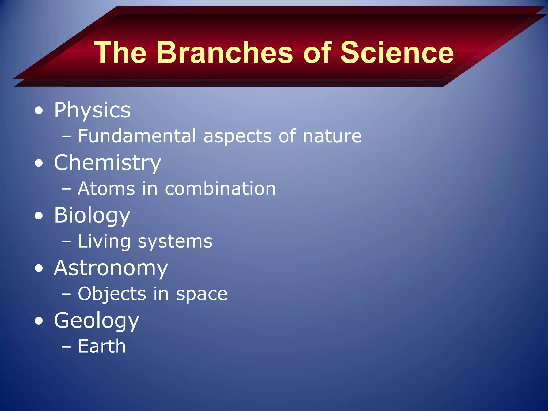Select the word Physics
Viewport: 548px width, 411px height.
[92, 110]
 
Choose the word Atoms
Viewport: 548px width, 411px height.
[106, 189]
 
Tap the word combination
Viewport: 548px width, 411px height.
[220, 189]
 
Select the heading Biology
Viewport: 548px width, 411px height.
[92, 216]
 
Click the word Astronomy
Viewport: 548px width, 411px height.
[111, 268]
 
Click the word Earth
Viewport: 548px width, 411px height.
[102, 346]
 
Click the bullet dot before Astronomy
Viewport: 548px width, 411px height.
[39, 269]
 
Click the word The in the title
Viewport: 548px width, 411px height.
[120, 53]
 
